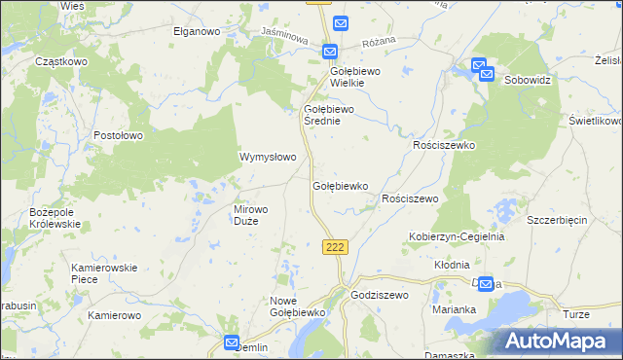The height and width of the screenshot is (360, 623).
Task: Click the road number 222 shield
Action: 335,247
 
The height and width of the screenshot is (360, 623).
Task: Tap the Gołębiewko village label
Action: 340,185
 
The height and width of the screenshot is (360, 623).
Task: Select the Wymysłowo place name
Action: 268,157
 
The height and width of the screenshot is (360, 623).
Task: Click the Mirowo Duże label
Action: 258,215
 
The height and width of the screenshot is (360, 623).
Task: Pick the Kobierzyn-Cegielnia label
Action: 456,236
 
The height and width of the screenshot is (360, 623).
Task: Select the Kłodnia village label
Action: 452,264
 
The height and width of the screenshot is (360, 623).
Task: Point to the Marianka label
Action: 454,309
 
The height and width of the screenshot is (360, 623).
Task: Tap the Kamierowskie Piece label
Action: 105,273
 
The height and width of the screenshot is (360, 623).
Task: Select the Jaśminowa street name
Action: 285,38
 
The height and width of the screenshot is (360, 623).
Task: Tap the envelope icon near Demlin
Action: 232,342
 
